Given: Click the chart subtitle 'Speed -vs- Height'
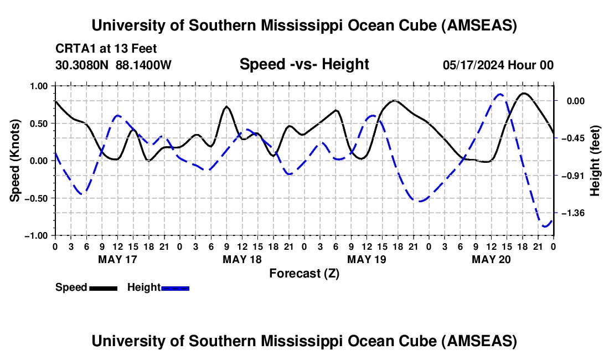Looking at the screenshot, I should [x=304, y=64].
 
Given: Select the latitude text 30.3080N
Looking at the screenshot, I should [x=82, y=65].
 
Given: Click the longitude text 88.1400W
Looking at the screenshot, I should [x=144, y=65].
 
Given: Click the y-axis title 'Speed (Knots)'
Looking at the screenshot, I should [x=17, y=161].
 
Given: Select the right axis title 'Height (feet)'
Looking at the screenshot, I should [x=595, y=161].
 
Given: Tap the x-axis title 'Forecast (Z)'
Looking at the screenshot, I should [x=304, y=272].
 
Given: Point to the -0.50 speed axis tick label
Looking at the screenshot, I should [x=38, y=198].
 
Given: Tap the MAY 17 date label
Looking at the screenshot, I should [x=117, y=259].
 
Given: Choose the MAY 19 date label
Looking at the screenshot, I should [x=366, y=259].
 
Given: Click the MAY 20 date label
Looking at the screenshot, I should [x=491, y=259].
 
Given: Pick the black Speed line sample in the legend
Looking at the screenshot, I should [x=103, y=288].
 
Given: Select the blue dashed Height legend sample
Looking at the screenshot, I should [x=176, y=288].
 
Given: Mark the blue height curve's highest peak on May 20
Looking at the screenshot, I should [x=500, y=94].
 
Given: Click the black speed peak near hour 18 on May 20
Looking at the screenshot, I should [x=524, y=93].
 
